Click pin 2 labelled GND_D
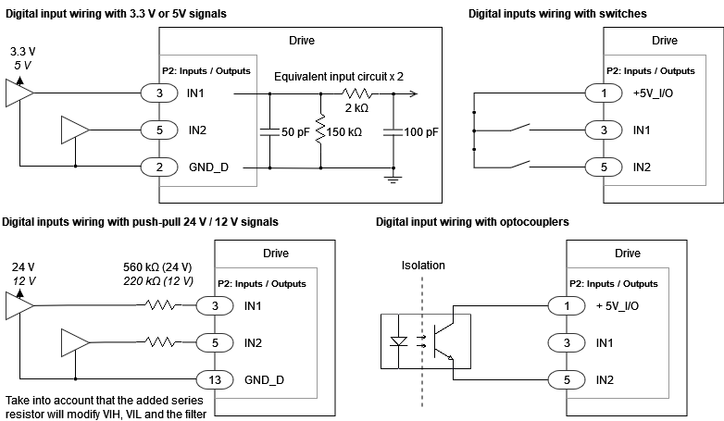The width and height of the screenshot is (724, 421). [x=159, y=167]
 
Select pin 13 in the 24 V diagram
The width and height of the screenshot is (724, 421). [x=214, y=380]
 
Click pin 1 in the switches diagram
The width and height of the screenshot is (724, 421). [x=604, y=93]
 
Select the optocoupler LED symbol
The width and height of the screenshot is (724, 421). [x=400, y=341]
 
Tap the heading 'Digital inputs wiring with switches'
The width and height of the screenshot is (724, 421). [x=557, y=14]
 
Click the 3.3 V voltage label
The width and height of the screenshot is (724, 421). [x=21, y=50]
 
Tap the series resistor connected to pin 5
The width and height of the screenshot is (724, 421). [x=165, y=343]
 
